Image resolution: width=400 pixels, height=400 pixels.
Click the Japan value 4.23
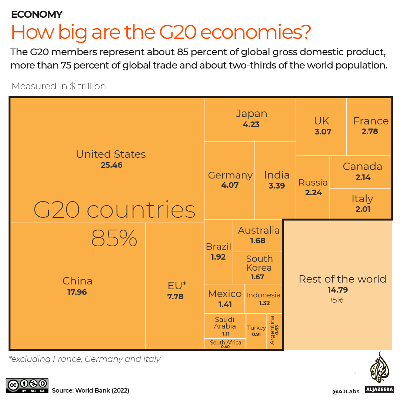pos(251,124)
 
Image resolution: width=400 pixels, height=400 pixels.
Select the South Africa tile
pos(225,344)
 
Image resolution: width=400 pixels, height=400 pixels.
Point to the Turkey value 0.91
pos(256,334)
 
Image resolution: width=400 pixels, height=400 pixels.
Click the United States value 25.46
pos(111,165)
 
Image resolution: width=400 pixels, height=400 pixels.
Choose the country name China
pos(77,281)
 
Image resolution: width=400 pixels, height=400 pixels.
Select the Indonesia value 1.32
pos(264,303)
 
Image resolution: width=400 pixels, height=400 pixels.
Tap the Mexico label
pos(225,294)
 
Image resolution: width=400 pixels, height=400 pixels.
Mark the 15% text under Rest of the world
pos(337,300)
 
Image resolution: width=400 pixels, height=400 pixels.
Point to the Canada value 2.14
pos(363,177)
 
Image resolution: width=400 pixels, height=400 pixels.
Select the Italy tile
pos(362,203)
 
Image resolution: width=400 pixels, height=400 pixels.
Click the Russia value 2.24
pos(313,193)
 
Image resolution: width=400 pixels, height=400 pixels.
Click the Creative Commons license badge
pos(27,386)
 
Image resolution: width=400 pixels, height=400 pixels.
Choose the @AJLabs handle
pos(346,391)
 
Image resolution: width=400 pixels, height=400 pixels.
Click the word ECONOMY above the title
pos(37,14)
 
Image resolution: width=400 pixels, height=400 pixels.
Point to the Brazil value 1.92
pos(218,257)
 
